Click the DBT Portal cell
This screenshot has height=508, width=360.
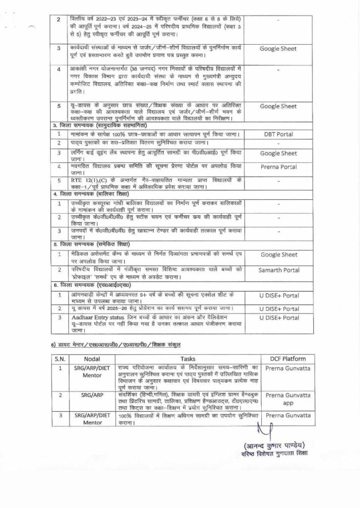click(x=278, y=134)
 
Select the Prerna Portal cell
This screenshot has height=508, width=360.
click(x=278, y=167)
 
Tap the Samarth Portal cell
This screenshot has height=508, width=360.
click(x=278, y=269)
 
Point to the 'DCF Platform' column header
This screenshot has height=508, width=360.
click(x=282, y=359)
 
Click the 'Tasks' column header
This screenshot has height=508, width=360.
click(x=188, y=359)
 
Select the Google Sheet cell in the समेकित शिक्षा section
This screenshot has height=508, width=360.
click(x=278, y=254)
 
